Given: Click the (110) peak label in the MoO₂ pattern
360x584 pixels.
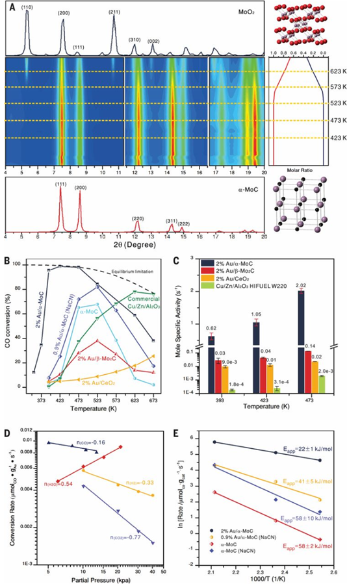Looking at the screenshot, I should (27, 7).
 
